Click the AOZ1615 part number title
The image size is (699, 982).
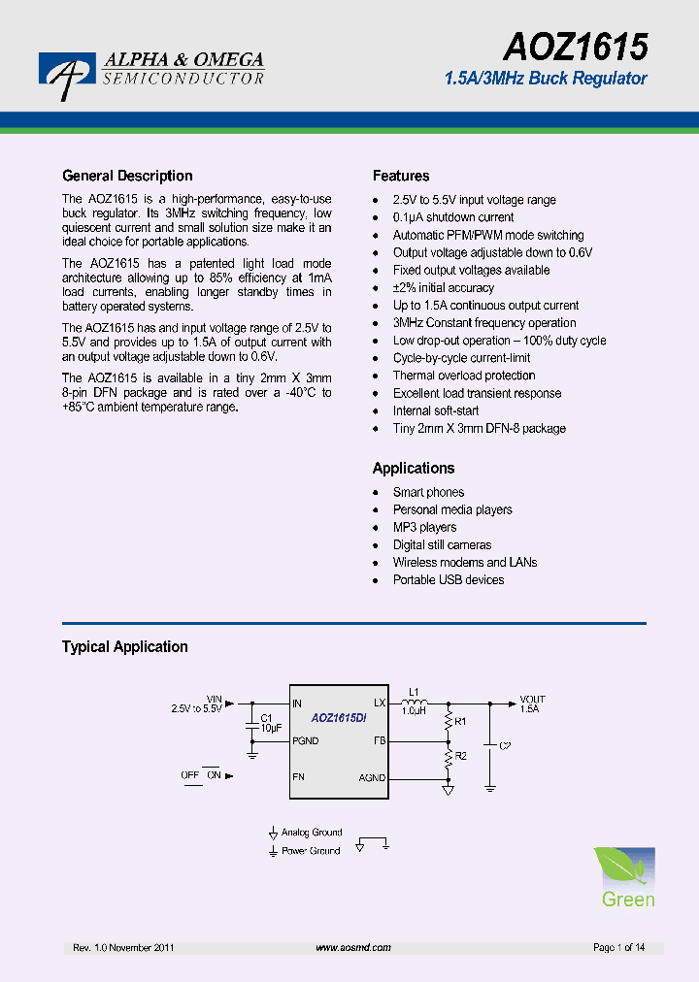[575, 46]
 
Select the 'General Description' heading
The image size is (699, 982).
[127, 176]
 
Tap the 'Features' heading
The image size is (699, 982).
[401, 176]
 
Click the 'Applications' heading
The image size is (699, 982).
[414, 468]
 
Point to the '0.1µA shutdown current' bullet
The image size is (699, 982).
[453, 217]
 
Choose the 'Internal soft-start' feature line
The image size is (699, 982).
[436, 410]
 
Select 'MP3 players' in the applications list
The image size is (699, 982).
[424, 527]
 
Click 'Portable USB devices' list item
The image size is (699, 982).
[449, 579]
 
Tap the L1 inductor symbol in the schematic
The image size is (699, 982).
[415, 702]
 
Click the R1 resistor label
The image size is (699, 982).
[460, 721]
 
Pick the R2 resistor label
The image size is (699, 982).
[460, 755]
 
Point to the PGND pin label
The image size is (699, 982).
[305, 740]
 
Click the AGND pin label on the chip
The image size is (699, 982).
[372, 777]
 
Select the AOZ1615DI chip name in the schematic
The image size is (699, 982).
[338, 719]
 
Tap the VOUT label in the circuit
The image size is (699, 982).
[532, 699]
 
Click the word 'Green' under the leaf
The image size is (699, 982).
[628, 900]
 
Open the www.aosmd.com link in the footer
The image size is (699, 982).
[353, 947]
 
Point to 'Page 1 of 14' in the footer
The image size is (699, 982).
[618, 947]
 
